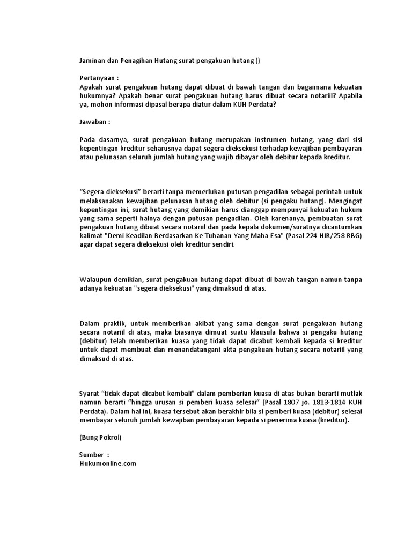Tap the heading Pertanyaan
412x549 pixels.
98,77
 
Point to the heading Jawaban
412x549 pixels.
94,121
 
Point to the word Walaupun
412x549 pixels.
96,279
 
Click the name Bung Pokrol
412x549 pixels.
100,437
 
